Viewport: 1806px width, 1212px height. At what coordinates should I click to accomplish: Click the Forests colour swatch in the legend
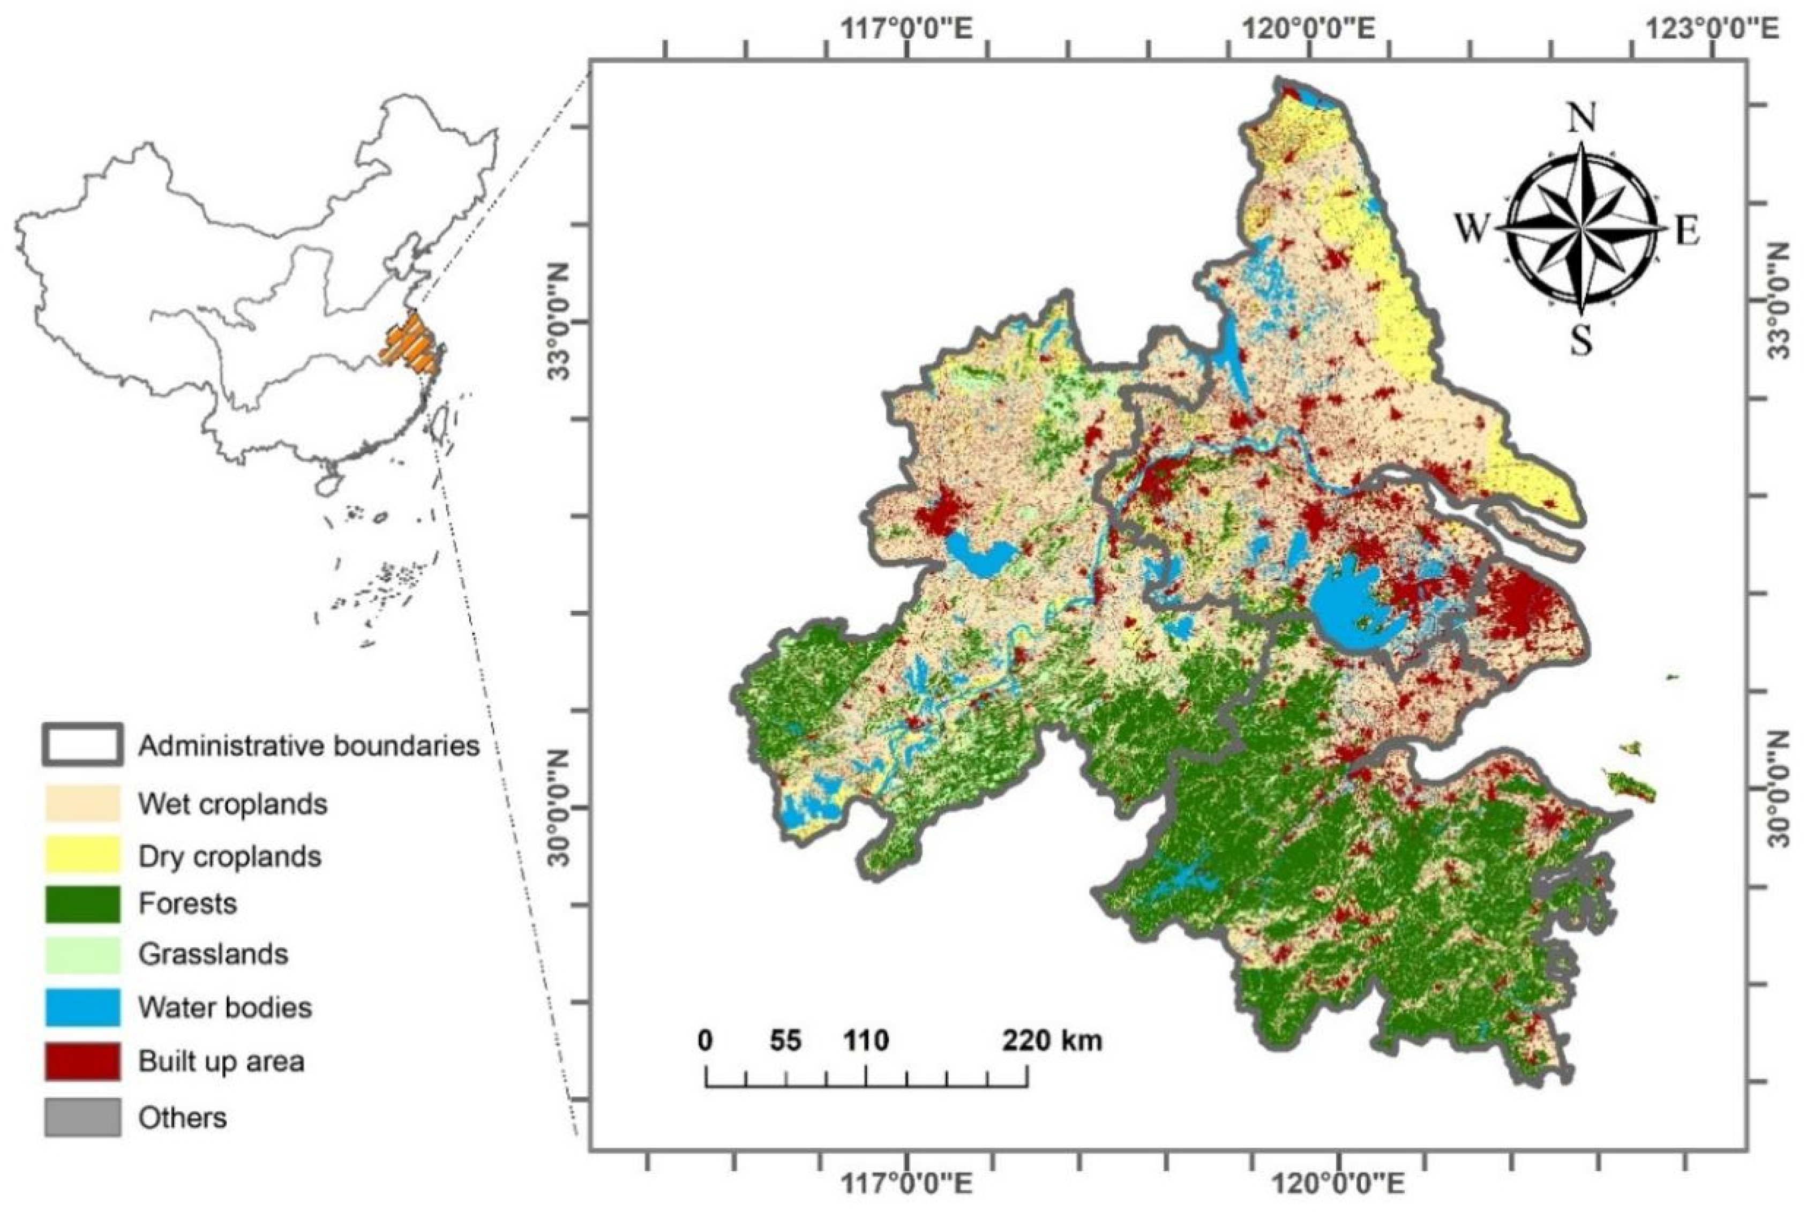82,903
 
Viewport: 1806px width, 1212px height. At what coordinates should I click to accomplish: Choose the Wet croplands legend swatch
82,803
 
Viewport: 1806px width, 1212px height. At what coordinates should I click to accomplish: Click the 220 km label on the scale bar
1053,1041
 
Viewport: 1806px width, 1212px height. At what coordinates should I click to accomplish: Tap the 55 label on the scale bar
785,1041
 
